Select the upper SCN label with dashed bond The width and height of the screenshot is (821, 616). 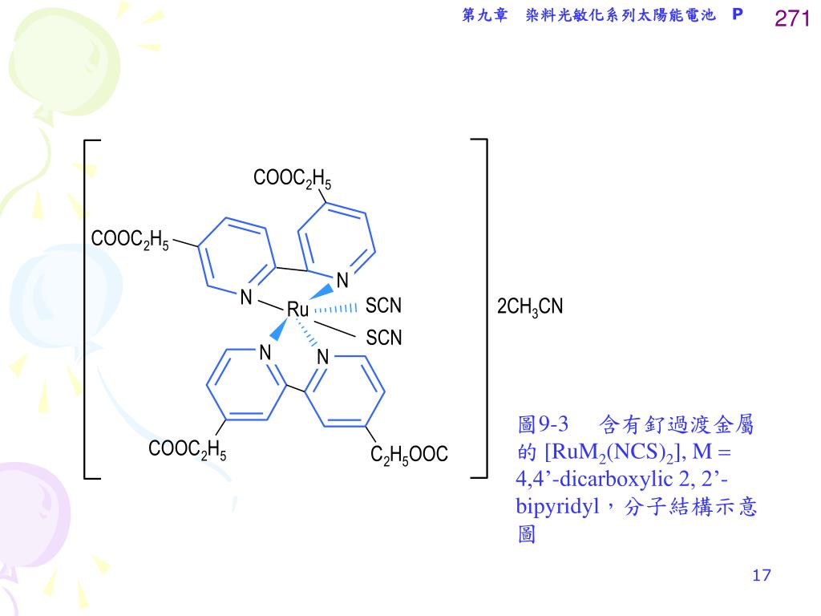point(383,306)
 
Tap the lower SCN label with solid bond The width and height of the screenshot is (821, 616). point(383,338)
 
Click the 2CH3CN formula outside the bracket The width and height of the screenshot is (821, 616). point(530,307)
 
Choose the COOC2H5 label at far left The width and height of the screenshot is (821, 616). point(130,240)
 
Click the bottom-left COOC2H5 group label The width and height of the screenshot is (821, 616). point(187,451)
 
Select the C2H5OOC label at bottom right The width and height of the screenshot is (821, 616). point(409,456)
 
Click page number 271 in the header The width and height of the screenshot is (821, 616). point(792,18)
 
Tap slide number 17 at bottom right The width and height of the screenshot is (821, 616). point(762,575)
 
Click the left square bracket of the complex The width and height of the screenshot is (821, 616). point(87,310)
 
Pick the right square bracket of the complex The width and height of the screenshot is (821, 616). point(483,310)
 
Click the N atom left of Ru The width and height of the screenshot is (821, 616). point(247,298)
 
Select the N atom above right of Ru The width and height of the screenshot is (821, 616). point(342,281)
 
